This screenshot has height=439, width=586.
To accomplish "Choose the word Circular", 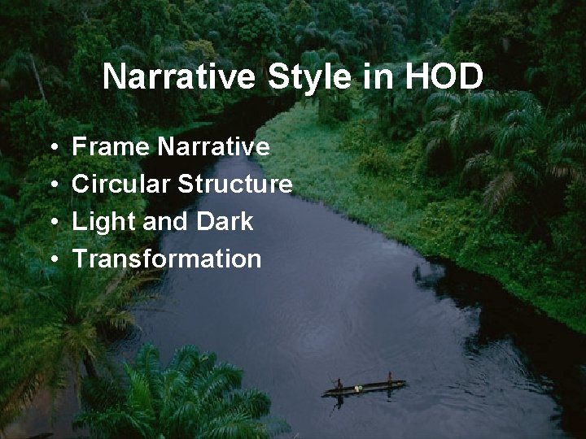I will click(120, 185).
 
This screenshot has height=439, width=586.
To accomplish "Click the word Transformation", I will click(167, 259).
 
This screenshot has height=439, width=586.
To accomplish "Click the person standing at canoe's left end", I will click(339, 384).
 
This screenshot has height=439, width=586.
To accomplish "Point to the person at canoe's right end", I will click(389, 379).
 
